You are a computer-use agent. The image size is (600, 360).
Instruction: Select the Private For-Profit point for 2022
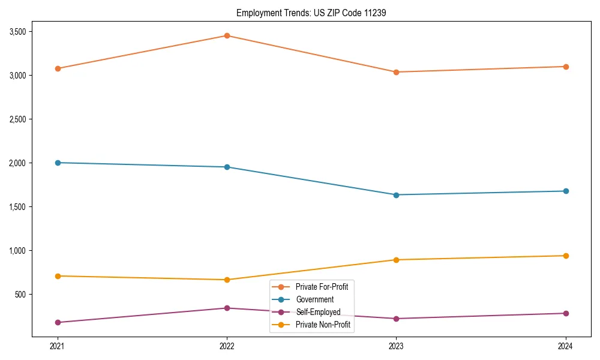227,36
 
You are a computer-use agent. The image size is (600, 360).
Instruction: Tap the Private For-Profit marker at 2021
58,68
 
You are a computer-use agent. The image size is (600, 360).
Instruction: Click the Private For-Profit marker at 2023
396,72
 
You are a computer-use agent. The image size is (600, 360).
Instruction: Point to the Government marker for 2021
58,163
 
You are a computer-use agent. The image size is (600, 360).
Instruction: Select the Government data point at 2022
227,167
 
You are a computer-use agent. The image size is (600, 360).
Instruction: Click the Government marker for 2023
396,195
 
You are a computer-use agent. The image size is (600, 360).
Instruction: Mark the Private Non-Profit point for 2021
58,276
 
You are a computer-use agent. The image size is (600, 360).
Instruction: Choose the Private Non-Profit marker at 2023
396,260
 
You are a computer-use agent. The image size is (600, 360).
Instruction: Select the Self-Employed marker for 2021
58,322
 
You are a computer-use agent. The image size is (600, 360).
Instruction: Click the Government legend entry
314,299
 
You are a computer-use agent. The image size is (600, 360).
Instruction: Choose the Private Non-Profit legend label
323,325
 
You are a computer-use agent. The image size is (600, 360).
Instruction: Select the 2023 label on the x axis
396,346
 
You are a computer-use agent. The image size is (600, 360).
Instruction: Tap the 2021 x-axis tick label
58,346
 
